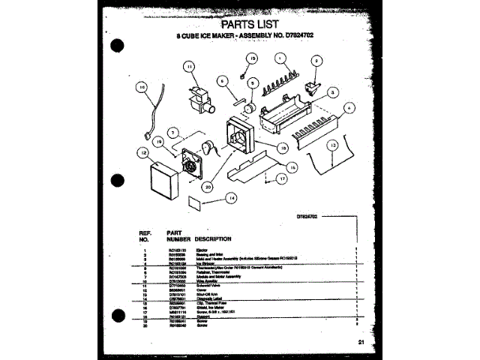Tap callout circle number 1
point(279,58)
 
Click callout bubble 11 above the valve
point(190,67)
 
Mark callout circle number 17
point(280,179)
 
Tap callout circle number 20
point(206,187)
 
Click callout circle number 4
point(349,108)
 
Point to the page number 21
point(362,342)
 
